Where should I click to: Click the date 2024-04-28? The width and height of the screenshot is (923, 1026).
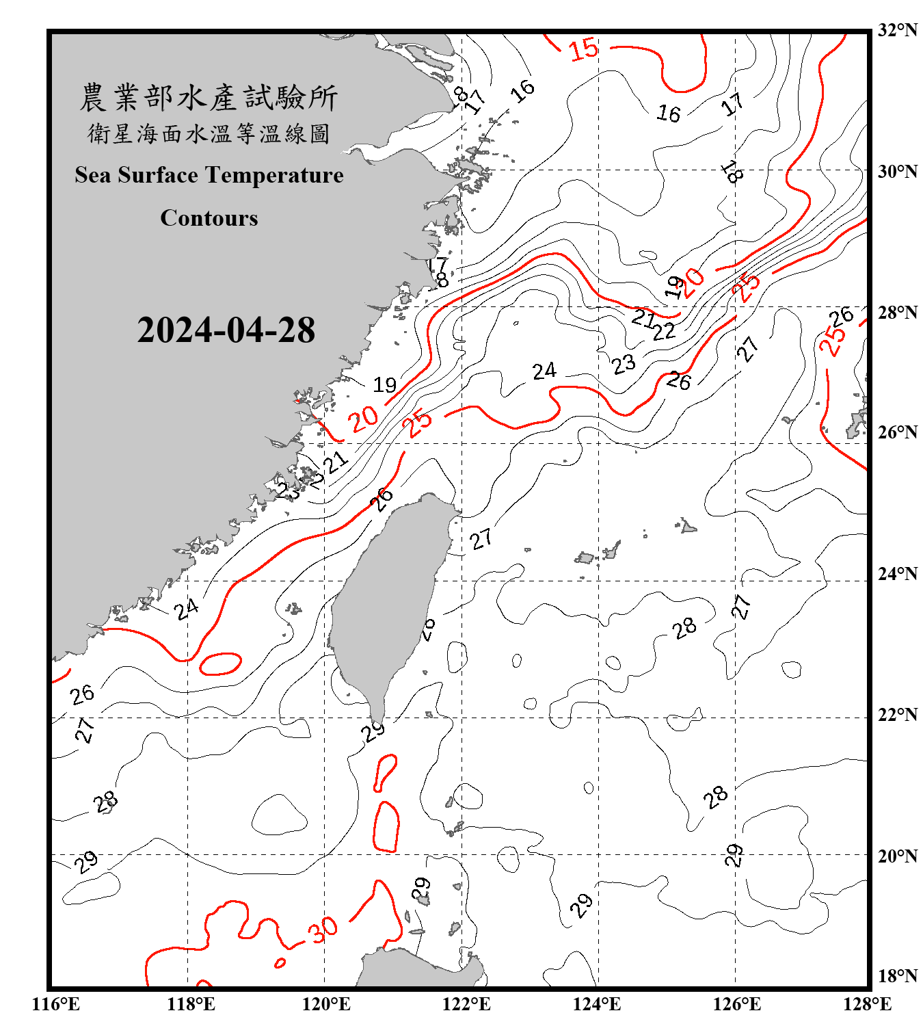tap(226, 330)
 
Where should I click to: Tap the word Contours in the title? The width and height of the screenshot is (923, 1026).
tap(209, 218)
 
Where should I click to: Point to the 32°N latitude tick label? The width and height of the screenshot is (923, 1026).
tap(897, 30)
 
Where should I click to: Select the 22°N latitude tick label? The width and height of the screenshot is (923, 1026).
tap(897, 715)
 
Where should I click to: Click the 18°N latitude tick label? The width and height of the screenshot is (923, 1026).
tap(897, 976)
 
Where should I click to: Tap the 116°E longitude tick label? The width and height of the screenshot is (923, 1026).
tap(56, 1004)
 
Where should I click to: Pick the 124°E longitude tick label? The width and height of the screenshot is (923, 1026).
tap(597, 1004)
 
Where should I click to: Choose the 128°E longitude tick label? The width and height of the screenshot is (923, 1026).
tap(867, 1004)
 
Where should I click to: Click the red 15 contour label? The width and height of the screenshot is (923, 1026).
tap(583, 50)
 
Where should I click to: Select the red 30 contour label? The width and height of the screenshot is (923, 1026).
tap(322, 929)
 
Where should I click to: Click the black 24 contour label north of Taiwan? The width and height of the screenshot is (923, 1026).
tap(544, 371)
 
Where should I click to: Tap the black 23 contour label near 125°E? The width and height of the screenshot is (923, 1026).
tap(624, 364)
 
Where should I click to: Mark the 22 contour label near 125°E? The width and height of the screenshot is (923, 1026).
tap(664, 331)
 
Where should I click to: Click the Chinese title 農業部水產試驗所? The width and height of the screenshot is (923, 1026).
tap(209, 98)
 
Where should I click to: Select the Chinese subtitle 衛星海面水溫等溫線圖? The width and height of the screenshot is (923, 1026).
tap(209, 133)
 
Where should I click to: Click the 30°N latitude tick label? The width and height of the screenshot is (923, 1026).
tap(897, 172)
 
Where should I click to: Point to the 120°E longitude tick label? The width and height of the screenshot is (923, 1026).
tap(326, 1004)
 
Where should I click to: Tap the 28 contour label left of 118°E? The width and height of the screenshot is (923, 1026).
tap(106, 802)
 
